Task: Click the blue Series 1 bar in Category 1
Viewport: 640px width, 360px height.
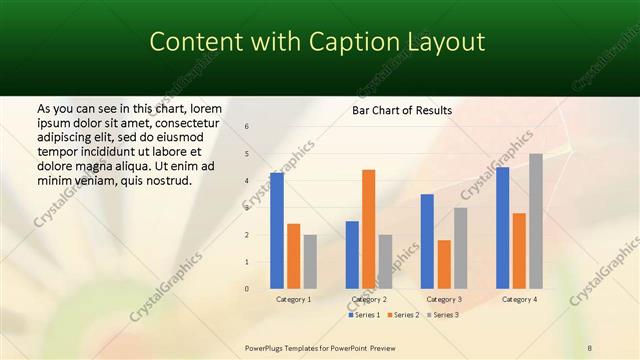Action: tap(277, 231)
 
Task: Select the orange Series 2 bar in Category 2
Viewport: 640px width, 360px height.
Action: tap(368, 229)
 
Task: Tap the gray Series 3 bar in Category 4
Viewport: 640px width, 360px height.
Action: tap(536, 221)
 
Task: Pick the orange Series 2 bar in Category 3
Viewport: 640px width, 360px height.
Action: tap(444, 264)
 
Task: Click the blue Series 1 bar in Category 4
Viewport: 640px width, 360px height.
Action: tap(502, 228)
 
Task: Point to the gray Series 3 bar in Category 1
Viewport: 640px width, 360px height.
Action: tap(310, 262)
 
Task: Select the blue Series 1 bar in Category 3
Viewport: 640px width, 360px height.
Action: tap(427, 241)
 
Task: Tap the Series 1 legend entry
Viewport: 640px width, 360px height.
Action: tap(364, 315)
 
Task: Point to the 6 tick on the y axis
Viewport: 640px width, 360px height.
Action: tap(247, 127)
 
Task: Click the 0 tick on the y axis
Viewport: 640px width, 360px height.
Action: tap(247, 289)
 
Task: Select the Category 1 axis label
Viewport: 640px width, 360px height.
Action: tap(293, 299)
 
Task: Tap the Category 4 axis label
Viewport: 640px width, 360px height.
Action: tap(519, 299)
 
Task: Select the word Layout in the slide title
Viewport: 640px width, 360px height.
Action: tap(445, 42)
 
